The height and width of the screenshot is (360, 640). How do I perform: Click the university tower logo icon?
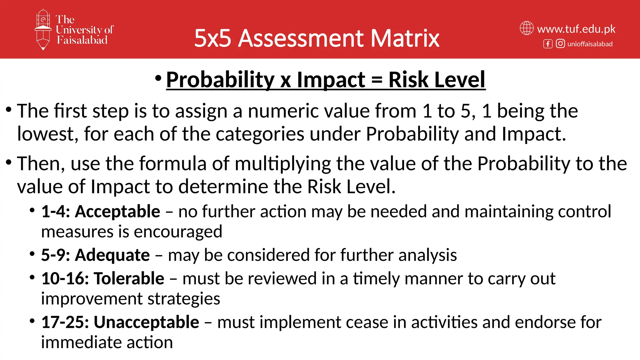pyautogui.click(x=43, y=30)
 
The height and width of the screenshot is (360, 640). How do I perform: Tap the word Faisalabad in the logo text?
pyautogui.click(x=82, y=40)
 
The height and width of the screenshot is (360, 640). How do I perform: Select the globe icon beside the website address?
pyautogui.click(x=527, y=28)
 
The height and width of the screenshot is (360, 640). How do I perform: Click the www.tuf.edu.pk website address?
pyautogui.click(x=576, y=29)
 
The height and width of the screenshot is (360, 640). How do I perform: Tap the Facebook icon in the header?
pyautogui.click(x=548, y=44)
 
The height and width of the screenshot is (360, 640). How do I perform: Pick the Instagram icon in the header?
pyautogui.click(x=560, y=43)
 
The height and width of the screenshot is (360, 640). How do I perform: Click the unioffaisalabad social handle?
pyautogui.click(x=590, y=44)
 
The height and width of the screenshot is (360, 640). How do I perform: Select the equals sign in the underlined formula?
pyautogui.click(x=377, y=80)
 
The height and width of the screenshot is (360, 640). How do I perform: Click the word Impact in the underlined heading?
pyautogui.click(x=331, y=80)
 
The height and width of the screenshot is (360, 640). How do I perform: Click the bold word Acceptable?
pyautogui.click(x=117, y=212)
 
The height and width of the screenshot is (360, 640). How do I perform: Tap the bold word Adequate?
pyautogui.click(x=112, y=255)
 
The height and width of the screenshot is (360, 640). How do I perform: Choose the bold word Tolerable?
pyautogui.click(x=129, y=278)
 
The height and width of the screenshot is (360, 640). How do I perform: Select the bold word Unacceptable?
pyautogui.click(x=146, y=322)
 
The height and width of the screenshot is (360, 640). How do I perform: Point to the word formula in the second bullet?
pyautogui.click(x=173, y=163)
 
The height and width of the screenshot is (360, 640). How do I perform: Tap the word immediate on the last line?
pyautogui.click(x=81, y=342)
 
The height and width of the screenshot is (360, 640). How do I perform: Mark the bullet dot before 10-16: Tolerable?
pyautogui.click(x=32, y=277)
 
